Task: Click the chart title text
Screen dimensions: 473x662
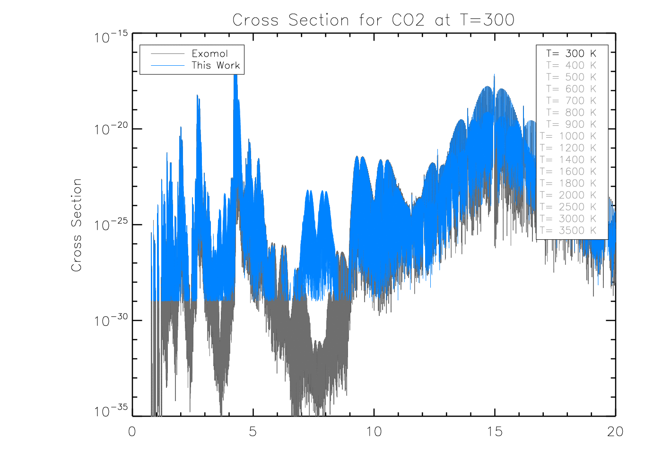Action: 373,20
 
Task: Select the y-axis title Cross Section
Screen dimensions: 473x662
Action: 77,225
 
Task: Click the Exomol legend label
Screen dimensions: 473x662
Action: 209,53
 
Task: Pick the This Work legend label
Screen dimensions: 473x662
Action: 216,65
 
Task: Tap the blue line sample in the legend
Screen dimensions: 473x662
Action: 167,66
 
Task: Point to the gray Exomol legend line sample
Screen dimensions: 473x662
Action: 167,54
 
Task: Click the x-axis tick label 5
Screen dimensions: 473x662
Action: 253,431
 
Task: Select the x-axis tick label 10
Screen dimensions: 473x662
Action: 374,431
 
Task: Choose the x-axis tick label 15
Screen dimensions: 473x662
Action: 495,431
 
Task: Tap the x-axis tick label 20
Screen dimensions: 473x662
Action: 615,431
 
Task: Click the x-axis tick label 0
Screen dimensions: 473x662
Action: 132,431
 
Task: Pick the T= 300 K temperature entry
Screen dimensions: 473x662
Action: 571,53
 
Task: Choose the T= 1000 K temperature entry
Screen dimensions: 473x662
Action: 568,136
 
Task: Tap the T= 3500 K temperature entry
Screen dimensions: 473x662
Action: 568,231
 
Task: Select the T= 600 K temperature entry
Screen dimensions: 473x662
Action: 571,89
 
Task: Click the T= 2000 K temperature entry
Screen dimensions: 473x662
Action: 568,195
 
